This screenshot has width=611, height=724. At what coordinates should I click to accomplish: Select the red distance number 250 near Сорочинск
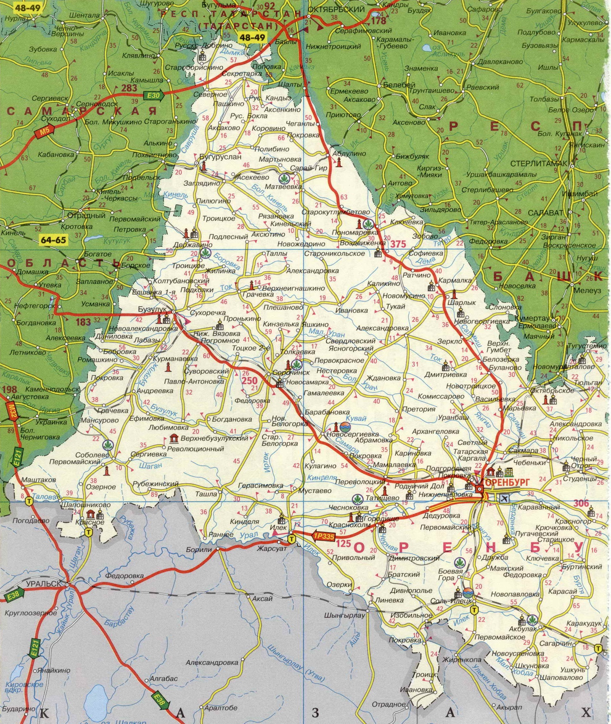click(x=249, y=381)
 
